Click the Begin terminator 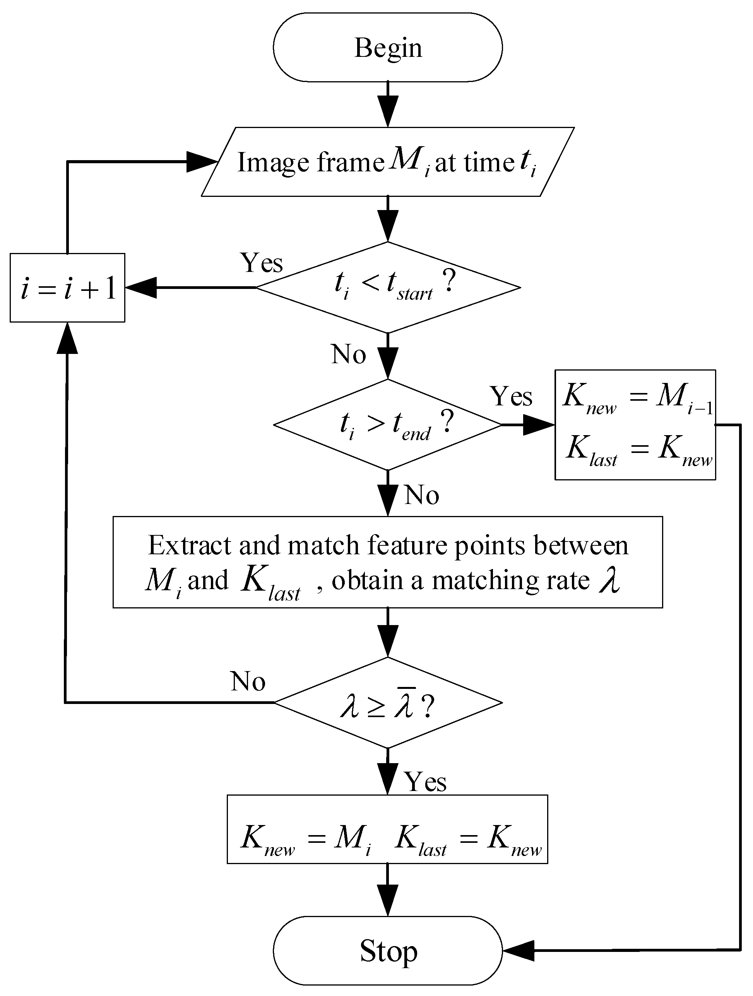tap(387, 47)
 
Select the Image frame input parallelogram tap(387, 162)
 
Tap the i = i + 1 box tap(68, 288)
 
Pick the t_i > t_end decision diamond tap(387, 425)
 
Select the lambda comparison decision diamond tap(387, 702)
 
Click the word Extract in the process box tap(189, 546)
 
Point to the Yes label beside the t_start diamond tap(262, 263)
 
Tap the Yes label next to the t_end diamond tap(511, 396)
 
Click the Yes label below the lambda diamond tap(425, 782)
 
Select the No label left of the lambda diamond tap(248, 681)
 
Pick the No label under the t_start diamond tap(348, 354)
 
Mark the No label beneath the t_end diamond tap(421, 495)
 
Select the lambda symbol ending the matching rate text tap(609, 581)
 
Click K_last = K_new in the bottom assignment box tap(468, 839)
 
